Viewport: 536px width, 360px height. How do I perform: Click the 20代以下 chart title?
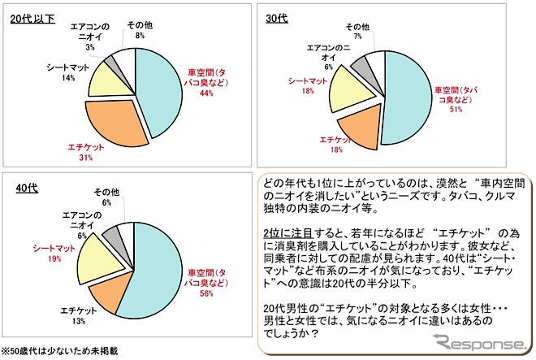[x=32, y=17]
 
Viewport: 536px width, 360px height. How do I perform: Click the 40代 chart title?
[x=26, y=189]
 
